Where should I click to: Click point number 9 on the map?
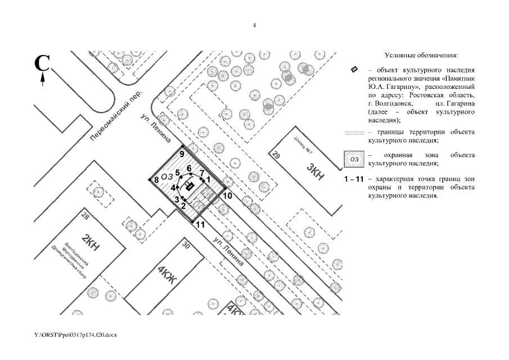(x=182, y=154)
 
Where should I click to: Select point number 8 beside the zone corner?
(x=156, y=180)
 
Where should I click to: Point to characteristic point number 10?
(x=227, y=196)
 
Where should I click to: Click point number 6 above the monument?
(x=189, y=168)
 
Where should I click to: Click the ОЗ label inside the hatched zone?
(x=166, y=177)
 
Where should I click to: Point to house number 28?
(x=85, y=216)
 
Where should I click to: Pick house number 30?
(x=187, y=245)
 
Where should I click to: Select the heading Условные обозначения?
(x=421, y=56)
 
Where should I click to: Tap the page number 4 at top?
(x=254, y=25)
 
